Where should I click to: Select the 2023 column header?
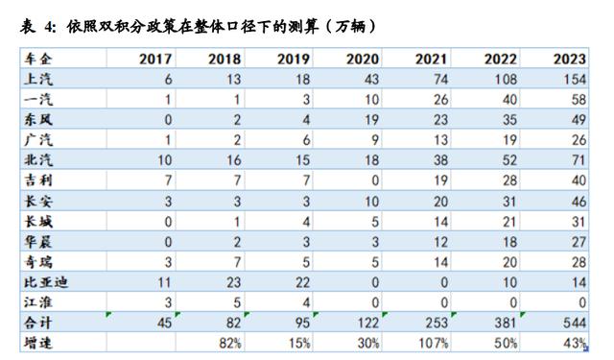coord(568,60)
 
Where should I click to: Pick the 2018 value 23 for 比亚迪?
coord(231,283)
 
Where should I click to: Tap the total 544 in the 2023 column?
coord(573,324)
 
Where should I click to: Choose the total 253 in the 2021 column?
coord(435,324)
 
